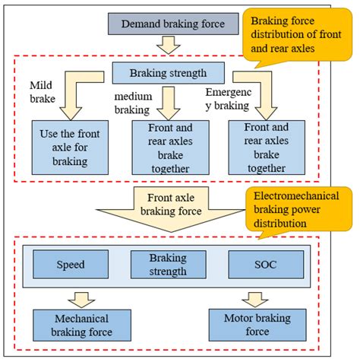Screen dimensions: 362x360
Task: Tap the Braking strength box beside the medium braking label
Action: click(168, 74)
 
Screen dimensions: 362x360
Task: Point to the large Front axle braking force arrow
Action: click(169, 209)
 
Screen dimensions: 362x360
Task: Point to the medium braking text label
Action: click(134, 102)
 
